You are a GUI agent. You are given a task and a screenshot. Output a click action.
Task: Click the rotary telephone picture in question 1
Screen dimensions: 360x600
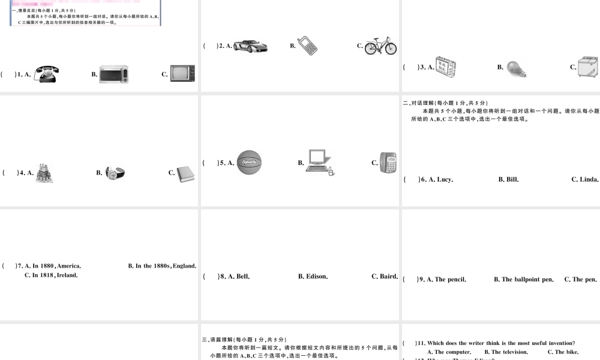[46, 73]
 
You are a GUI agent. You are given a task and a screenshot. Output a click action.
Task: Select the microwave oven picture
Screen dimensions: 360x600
[113, 74]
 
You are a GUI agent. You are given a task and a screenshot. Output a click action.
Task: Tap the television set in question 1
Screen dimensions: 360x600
[182, 73]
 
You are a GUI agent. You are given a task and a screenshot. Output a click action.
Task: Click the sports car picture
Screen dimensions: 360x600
[250, 46]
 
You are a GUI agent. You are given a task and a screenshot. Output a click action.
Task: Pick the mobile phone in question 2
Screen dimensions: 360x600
[307, 46]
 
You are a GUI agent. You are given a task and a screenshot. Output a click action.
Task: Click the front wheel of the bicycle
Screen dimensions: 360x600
[389, 48]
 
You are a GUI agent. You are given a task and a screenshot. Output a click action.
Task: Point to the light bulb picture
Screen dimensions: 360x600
[516, 68]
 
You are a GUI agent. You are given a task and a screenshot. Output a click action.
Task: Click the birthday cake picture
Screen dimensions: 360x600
[43, 173]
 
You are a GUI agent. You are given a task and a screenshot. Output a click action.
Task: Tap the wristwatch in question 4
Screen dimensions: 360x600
[115, 173]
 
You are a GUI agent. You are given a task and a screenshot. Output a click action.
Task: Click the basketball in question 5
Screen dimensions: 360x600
[249, 162]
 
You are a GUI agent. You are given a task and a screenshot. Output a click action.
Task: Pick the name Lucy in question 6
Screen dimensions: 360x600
[445, 179]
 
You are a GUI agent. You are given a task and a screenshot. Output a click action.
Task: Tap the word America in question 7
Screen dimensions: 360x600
[68, 265]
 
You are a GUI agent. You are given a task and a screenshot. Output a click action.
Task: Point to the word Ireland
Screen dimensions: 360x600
[67, 275]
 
